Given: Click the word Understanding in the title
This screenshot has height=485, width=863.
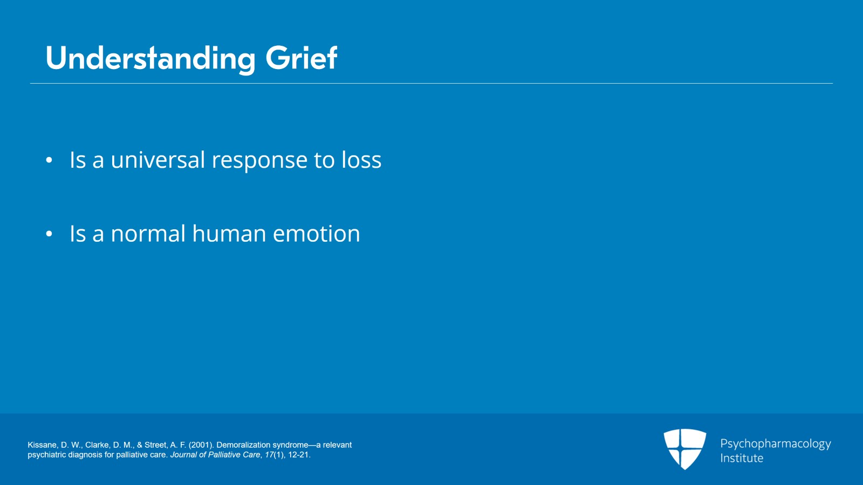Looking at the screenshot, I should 150,58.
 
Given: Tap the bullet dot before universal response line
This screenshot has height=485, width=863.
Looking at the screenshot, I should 49,160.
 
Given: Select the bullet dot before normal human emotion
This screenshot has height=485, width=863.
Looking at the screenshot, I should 49,234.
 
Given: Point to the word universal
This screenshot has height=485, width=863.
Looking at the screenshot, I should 157,160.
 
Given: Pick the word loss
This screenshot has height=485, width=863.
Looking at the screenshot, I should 361,160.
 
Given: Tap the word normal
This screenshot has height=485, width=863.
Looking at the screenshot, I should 148,234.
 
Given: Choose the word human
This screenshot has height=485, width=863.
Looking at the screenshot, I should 229,234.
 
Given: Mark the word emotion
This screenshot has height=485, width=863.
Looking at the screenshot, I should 316,234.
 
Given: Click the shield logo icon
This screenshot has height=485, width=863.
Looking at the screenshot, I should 684,449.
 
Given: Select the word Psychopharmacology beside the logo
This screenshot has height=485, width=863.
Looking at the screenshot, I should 775,444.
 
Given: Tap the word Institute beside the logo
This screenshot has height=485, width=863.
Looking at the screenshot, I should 742,459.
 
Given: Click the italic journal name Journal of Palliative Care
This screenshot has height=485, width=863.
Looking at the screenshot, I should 215,455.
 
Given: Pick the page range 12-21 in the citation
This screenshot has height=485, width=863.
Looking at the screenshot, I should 298,455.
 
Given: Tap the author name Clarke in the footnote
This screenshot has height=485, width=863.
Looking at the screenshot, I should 97,445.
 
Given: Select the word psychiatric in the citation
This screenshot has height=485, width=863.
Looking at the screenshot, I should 46,455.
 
